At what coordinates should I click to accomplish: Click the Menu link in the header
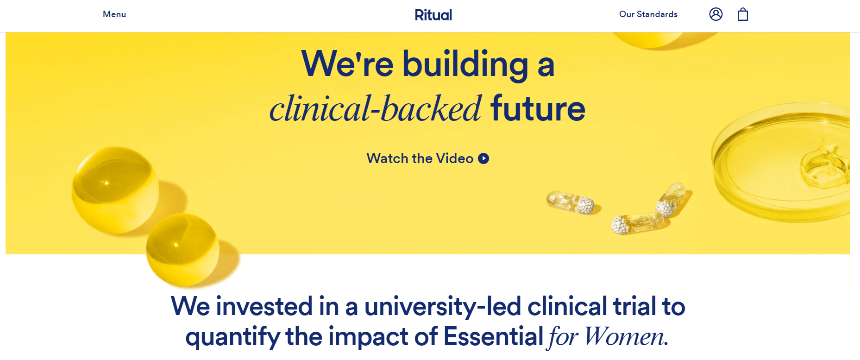tap(114, 14)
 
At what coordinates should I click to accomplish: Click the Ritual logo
tap(433, 15)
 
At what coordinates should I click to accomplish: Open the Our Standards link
tap(648, 14)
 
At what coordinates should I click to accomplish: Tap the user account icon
tap(716, 14)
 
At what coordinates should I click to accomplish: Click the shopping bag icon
tap(743, 14)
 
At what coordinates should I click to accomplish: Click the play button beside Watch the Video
tap(483, 158)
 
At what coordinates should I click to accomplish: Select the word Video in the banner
tap(455, 158)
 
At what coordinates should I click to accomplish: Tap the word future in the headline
tap(538, 109)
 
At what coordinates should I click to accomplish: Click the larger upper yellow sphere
tap(115, 190)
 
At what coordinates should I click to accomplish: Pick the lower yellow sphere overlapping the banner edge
tap(182, 249)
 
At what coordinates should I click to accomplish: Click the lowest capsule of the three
tap(637, 223)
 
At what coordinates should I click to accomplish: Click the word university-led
tap(443, 307)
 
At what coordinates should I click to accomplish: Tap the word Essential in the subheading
tap(493, 336)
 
